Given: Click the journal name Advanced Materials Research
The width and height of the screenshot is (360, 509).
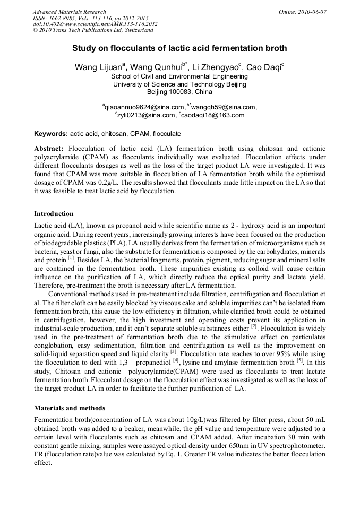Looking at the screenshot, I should (69, 12).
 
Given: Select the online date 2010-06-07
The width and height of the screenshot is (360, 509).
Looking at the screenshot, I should (311, 12).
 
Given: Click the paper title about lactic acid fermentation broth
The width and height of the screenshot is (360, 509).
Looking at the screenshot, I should (179, 48).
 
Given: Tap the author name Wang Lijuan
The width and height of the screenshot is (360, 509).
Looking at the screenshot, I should (98, 67).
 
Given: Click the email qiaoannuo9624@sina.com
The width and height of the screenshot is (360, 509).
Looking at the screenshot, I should (144, 107).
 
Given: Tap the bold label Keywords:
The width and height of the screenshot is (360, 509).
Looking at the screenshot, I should (51, 134).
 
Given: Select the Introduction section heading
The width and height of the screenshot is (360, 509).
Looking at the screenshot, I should (54, 214).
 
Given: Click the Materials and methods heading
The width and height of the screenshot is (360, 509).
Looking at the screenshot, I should (70, 408).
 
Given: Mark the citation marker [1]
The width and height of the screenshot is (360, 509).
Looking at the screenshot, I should (70, 258).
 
